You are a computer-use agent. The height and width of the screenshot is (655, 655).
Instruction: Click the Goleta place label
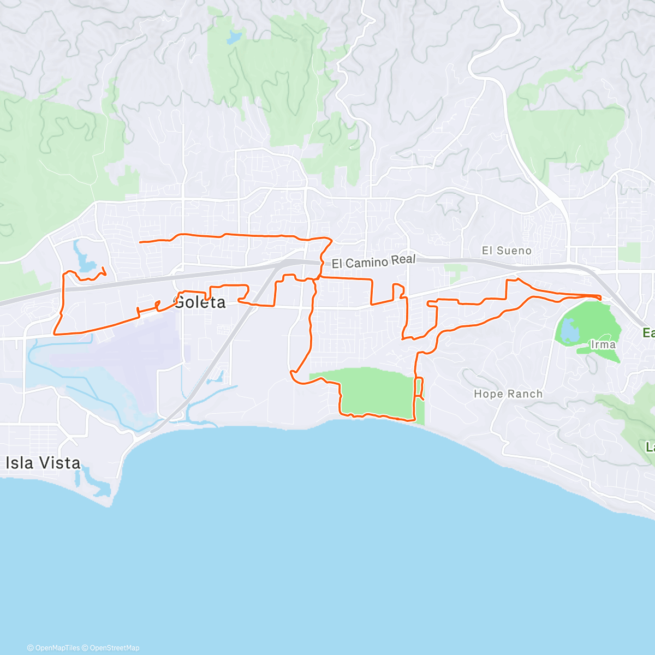[200, 302]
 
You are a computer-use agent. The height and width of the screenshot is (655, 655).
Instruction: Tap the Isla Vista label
[43, 463]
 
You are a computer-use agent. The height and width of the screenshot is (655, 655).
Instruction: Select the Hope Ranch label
[508, 394]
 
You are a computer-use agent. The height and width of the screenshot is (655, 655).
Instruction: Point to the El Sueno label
[507, 251]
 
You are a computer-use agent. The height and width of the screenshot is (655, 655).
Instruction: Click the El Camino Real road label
[373, 262]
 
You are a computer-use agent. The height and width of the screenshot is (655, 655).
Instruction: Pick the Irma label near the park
[603, 344]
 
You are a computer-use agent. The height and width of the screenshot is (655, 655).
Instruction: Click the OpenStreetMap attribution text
[114, 648]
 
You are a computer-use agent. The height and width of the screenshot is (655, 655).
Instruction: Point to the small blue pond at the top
[234, 37]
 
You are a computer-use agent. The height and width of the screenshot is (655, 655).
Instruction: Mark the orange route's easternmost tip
[600, 297]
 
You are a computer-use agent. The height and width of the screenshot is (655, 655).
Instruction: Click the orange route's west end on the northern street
[141, 242]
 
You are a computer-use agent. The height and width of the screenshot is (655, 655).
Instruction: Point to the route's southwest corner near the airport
[55, 333]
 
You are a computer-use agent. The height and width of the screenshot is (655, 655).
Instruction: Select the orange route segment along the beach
[377, 417]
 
